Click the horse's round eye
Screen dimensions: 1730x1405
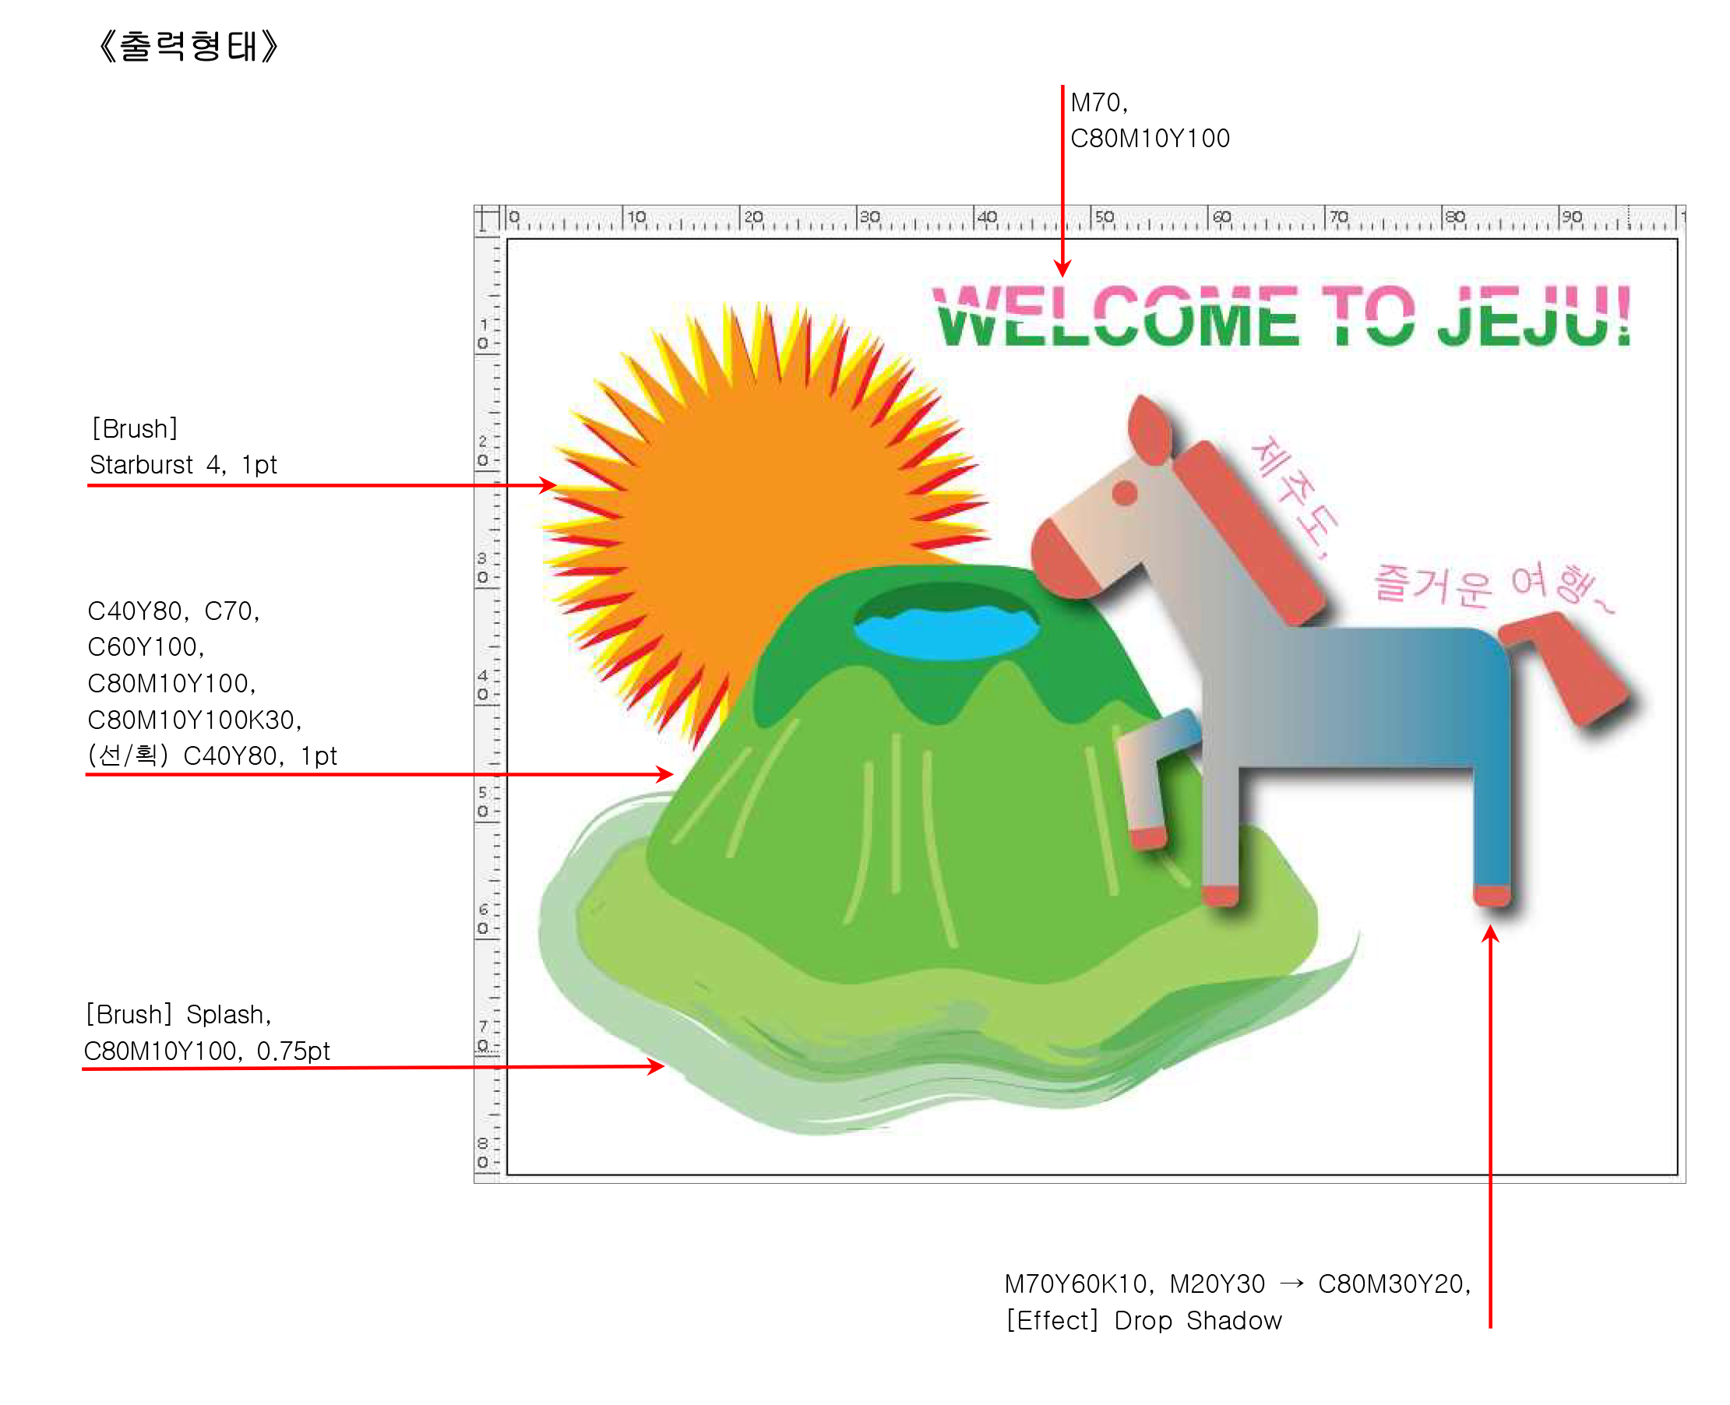pos(1124,492)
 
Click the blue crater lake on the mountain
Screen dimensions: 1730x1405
pos(945,632)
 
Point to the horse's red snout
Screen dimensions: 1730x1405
pos(1065,562)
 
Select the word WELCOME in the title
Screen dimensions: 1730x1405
pos(1117,316)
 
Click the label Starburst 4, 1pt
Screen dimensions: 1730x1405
pos(183,464)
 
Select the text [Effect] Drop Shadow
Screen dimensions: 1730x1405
pos(1143,1320)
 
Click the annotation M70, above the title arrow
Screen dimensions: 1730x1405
pos(1098,103)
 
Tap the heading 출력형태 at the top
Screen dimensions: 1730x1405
pos(188,46)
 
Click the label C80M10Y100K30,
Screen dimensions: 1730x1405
pos(194,720)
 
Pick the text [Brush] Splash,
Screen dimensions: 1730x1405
pos(178,1014)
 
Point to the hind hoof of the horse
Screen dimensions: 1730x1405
pos(1492,895)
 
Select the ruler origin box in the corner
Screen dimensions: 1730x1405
pos(488,219)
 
